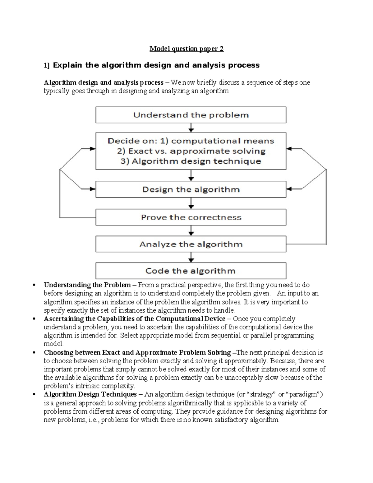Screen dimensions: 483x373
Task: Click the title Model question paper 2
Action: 186,49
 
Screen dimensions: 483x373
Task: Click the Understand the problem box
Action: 191,115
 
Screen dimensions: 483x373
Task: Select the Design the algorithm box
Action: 191,189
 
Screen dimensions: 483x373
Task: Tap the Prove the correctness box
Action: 191,217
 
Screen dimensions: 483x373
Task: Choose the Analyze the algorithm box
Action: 191,244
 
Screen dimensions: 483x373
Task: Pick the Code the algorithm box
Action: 191,271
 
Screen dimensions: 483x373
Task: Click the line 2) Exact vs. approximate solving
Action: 191,151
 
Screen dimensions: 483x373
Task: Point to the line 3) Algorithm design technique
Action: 191,161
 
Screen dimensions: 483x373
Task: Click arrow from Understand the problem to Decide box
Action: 191,128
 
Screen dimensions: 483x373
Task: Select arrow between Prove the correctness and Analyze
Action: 191,230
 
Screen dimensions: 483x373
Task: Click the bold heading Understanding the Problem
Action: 87,285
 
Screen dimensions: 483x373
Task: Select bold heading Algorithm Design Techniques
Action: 90,394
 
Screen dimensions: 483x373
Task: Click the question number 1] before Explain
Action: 47,66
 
